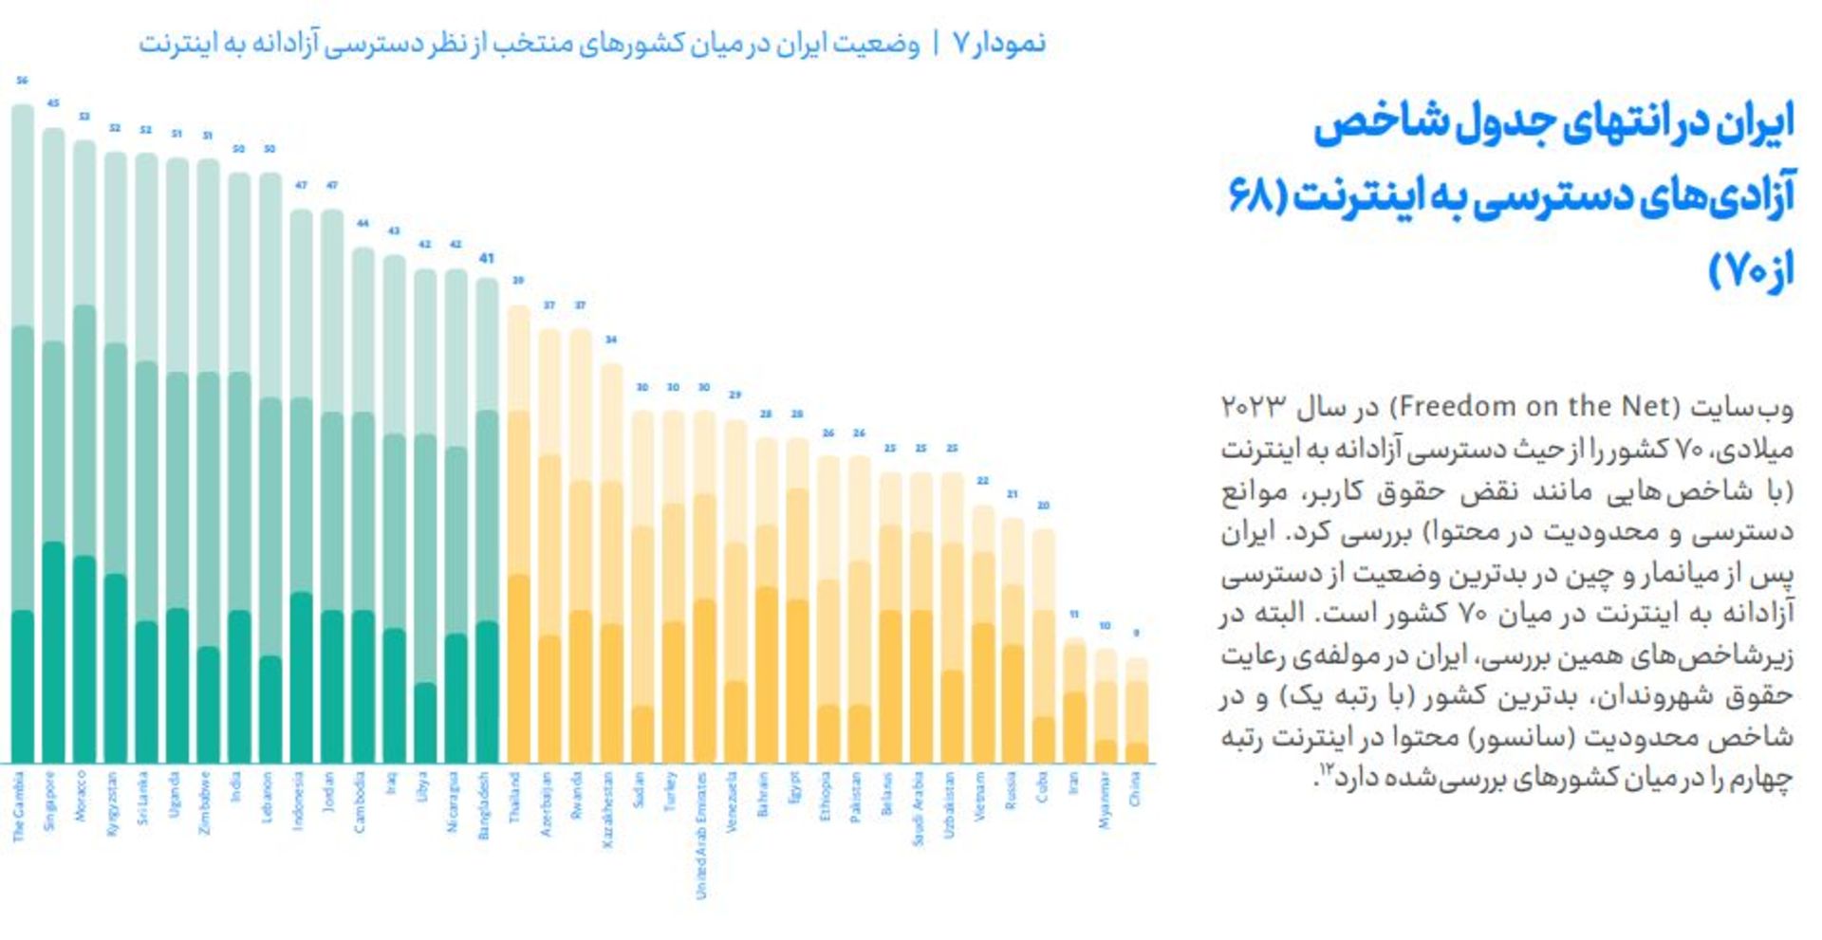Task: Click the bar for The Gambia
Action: (x=22, y=436)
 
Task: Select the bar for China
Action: (x=1136, y=711)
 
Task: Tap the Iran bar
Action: (x=1074, y=702)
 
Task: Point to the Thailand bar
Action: (x=518, y=536)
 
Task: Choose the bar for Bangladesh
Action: (x=487, y=522)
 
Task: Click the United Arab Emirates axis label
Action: (x=702, y=835)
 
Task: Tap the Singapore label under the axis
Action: (x=50, y=802)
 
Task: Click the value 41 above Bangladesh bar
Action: (x=487, y=258)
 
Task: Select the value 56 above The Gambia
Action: (x=22, y=81)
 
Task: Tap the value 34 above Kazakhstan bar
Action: (x=611, y=340)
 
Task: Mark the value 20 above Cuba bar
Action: (x=1043, y=506)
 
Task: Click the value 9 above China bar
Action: (x=1136, y=633)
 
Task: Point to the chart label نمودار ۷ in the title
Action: (x=1001, y=44)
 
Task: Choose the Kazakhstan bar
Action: (x=611, y=564)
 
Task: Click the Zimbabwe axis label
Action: (x=205, y=802)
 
